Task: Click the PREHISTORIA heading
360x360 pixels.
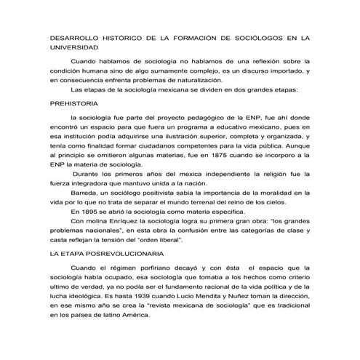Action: pos(76,104)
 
